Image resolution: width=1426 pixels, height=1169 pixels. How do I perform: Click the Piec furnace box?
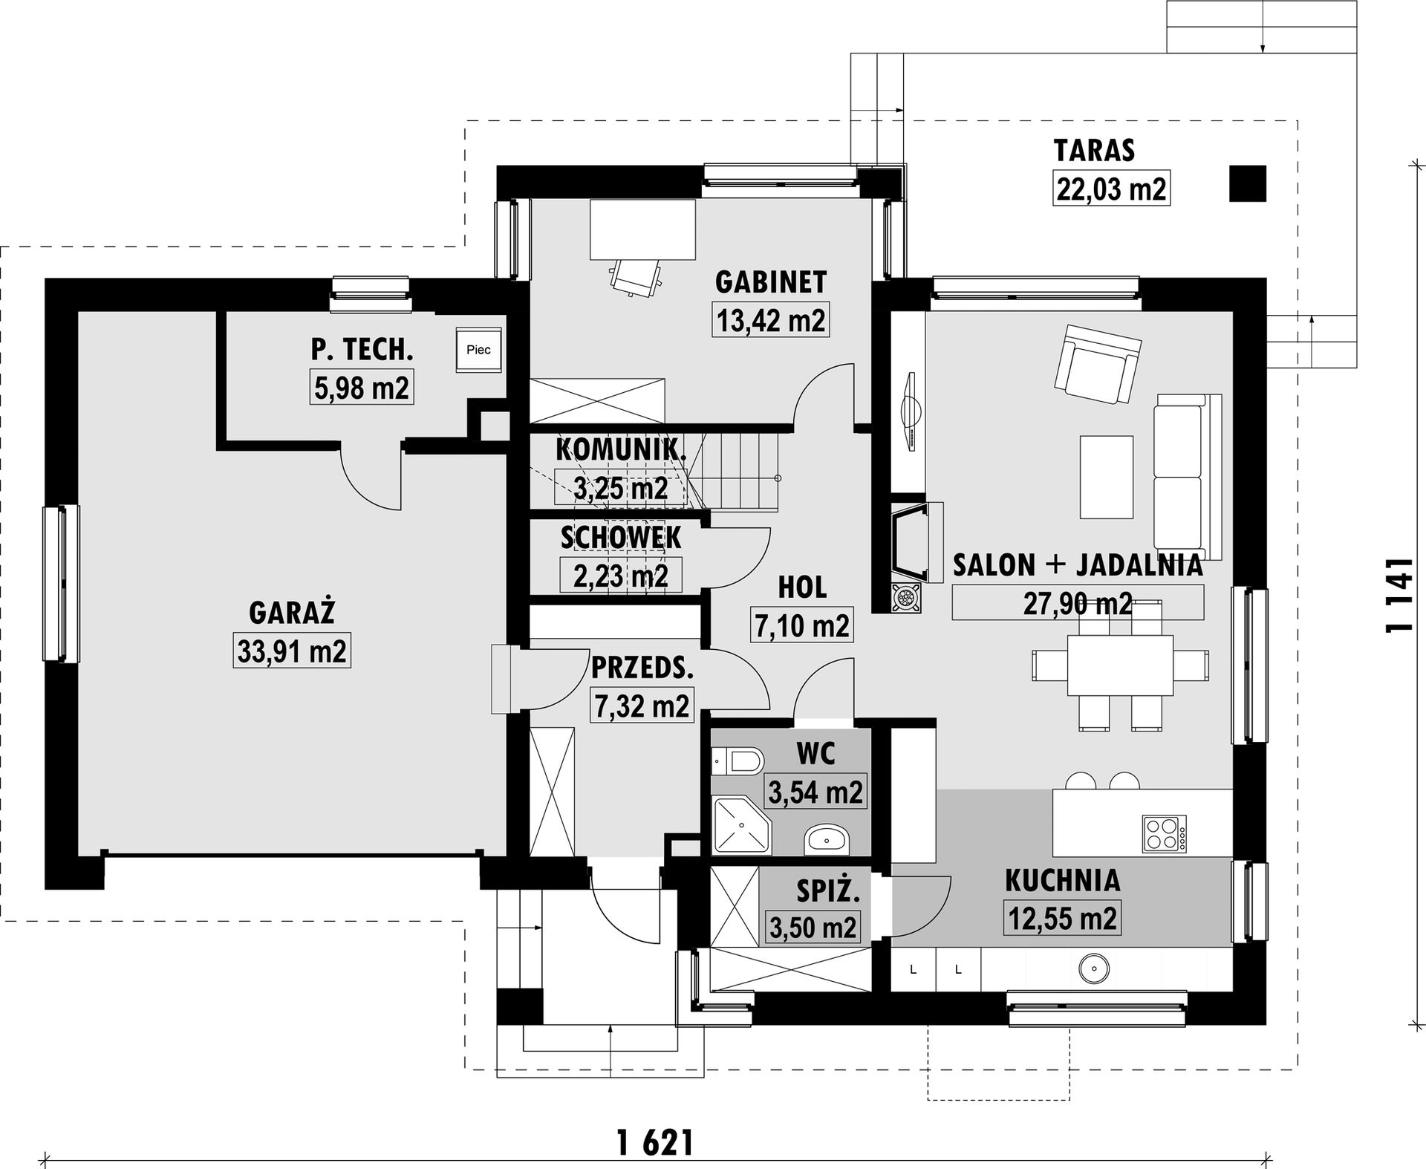(478, 348)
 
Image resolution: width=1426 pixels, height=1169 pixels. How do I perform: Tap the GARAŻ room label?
(292, 613)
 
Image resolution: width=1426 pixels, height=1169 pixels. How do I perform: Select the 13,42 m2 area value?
(771, 320)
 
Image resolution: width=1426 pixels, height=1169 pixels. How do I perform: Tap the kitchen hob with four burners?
(1164, 833)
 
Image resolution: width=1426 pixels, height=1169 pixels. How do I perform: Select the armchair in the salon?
(1097, 363)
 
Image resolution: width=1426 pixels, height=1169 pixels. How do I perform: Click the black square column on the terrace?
(1247, 183)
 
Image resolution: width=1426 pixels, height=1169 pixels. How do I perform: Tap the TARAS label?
(1094, 150)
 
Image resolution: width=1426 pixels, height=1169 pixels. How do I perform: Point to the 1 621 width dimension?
(655, 1142)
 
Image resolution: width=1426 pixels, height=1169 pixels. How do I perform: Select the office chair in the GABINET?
(636, 276)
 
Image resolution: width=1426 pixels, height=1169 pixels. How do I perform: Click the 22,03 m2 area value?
(1111, 189)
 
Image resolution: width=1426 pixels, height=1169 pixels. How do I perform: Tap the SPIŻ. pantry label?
(828, 891)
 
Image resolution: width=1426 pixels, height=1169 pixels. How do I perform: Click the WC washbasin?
(827, 839)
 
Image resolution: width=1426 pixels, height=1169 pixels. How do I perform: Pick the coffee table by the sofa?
(1107, 477)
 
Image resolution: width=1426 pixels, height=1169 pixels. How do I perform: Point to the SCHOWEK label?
(621, 538)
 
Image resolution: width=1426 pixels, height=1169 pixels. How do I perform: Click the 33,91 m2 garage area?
(292, 651)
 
